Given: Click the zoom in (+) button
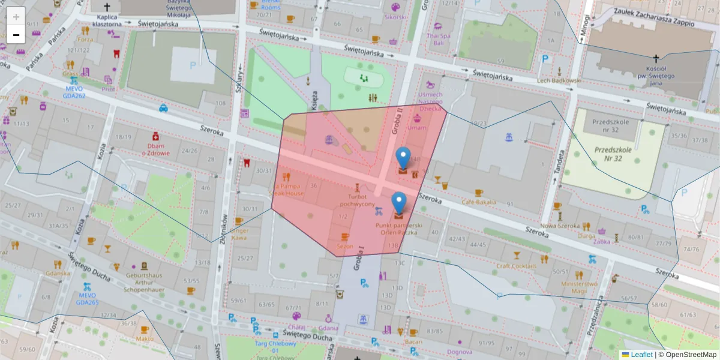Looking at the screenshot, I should (x=16, y=16).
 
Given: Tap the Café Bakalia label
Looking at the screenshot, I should (x=478, y=202).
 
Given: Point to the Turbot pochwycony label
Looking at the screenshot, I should (x=357, y=200).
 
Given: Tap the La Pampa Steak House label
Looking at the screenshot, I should (x=286, y=190).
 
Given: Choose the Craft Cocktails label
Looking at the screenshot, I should (x=516, y=266).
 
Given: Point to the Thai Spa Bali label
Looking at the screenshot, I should (x=438, y=39).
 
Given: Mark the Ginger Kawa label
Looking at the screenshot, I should (x=239, y=233).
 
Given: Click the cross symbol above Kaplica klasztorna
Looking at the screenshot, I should (x=107, y=7).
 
